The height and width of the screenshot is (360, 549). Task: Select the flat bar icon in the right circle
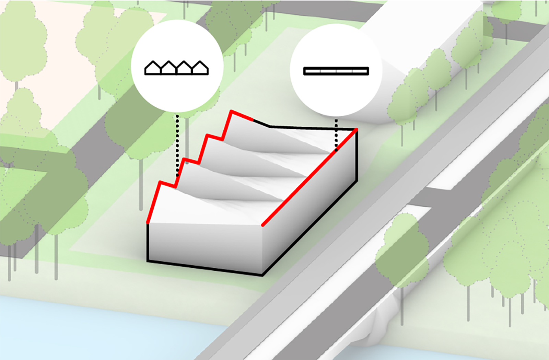[x=336, y=71]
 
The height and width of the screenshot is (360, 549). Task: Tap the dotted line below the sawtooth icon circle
[x=177, y=144]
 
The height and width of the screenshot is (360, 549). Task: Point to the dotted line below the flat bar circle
[x=336, y=134]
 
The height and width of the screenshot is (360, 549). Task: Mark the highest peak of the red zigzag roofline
[x=232, y=111]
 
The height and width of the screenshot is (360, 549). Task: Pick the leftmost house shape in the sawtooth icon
[x=153, y=68]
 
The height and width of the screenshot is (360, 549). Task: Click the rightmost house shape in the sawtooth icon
[x=200, y=68]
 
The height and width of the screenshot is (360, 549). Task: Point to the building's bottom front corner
[x=262, y=275]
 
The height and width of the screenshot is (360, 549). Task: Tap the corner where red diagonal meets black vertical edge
[x=357, y=129]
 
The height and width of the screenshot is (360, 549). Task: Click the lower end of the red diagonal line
[x=263, y=225]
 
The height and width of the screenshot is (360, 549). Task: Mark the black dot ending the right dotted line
[x=336, y=150]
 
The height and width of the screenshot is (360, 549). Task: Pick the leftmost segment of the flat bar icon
[x=312, y=71]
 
